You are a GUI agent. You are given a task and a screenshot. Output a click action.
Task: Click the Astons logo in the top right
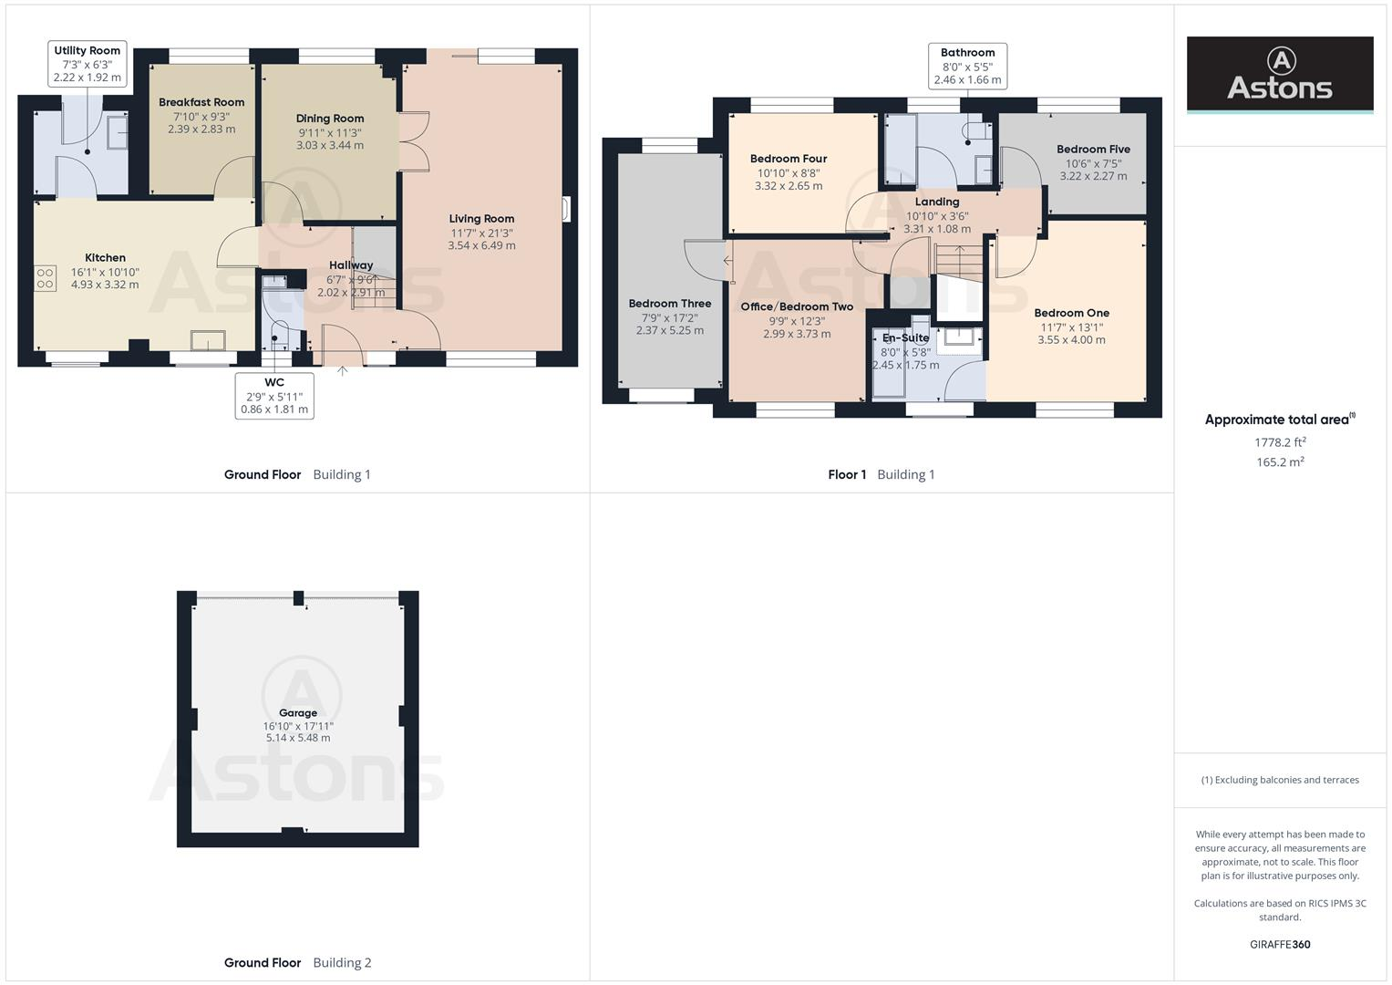pyautogui.click(x=1279, y=75)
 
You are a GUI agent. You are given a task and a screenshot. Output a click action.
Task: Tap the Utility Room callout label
pyautogui.click(x=88, y=64)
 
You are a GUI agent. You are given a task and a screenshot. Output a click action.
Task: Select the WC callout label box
pyautogui.click(x=274, y=396)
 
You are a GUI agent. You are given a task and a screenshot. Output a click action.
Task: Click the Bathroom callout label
pyautogui.click(x=967, y=66)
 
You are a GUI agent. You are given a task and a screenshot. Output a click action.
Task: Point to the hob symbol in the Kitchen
pyautogui.click(x=46, y=278)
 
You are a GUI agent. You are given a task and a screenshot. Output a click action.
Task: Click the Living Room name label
pyautogui.click(x=481, y=219)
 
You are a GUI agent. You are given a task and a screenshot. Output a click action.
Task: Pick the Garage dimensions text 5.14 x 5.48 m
pyautogui.click(x=298, y=738)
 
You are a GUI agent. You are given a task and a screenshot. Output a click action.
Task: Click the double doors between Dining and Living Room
pyautogui.click(x=414, y=141)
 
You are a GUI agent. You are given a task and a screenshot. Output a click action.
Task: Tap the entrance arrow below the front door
pyautogui.click(x=343, y=371)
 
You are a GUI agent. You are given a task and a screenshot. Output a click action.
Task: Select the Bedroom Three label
pyautogui.click(x=670, y=304)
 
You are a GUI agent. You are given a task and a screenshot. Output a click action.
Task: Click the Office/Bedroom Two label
pyautogui.click(x=797, y=306)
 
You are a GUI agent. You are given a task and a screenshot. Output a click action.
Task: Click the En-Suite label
pyautogui.click(x=905, y=338)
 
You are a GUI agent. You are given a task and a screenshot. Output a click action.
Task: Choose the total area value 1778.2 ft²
pyautogui.click(x=1280, y=442)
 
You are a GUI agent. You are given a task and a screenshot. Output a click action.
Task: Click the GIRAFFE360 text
pyautogui.click(x=1280, y=944)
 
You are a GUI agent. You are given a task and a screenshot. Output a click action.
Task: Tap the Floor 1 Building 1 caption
pyautogui.click(x=881, y=474)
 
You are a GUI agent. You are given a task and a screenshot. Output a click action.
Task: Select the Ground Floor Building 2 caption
pyautogui.click(x=297, y=962)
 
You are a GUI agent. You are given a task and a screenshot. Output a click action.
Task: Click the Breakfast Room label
pyautogui.click(x=201, y=102)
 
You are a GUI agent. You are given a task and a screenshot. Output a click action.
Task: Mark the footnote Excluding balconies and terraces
pyautogui.click(x=1280, y=780)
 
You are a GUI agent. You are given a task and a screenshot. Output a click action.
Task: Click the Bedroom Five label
pyautogui.click(x=1093, y=150)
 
